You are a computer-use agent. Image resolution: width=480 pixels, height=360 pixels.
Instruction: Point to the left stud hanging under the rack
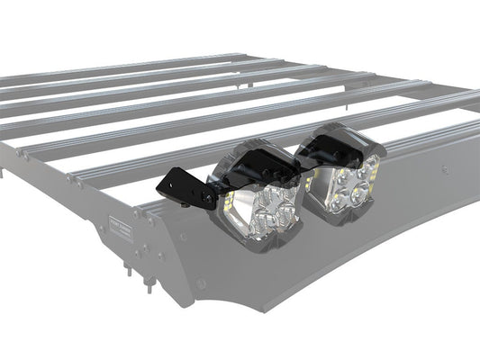click(131, 268)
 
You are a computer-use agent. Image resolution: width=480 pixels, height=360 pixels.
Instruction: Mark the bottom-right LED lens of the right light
click(363, 192)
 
